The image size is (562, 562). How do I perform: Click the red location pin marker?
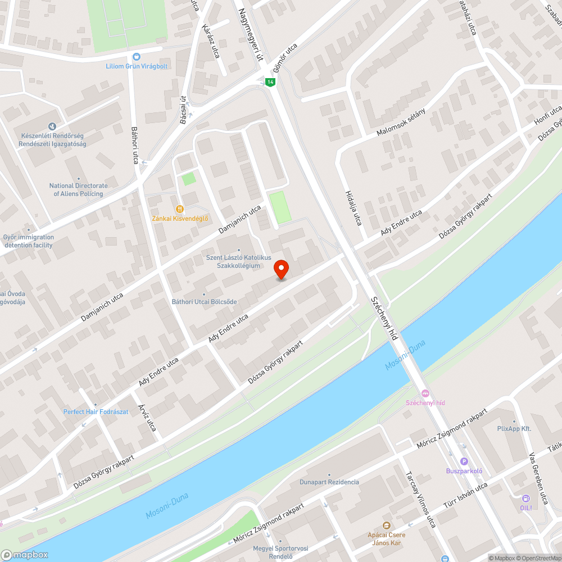point(281,269)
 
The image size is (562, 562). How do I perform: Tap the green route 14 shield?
point(270,82)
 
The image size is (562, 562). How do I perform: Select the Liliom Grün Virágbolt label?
point(137,66)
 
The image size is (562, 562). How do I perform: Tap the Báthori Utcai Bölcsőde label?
point(204,302)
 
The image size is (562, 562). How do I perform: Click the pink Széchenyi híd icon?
point(425,393)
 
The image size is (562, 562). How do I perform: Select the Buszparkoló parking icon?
point(464,461)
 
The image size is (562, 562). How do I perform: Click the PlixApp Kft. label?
point(514,429)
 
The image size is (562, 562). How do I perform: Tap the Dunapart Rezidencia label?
point(329,482)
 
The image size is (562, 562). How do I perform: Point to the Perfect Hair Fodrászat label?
point(96,412)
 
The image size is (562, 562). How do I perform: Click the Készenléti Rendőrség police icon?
point(52,127)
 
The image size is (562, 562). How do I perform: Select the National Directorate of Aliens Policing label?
point(78,189)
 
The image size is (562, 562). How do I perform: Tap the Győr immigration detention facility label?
point(28,241)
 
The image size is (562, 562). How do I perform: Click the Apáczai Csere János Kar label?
point(387,538)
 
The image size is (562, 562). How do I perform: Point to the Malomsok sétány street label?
point(401,122)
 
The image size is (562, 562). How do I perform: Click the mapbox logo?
point(25,554)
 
